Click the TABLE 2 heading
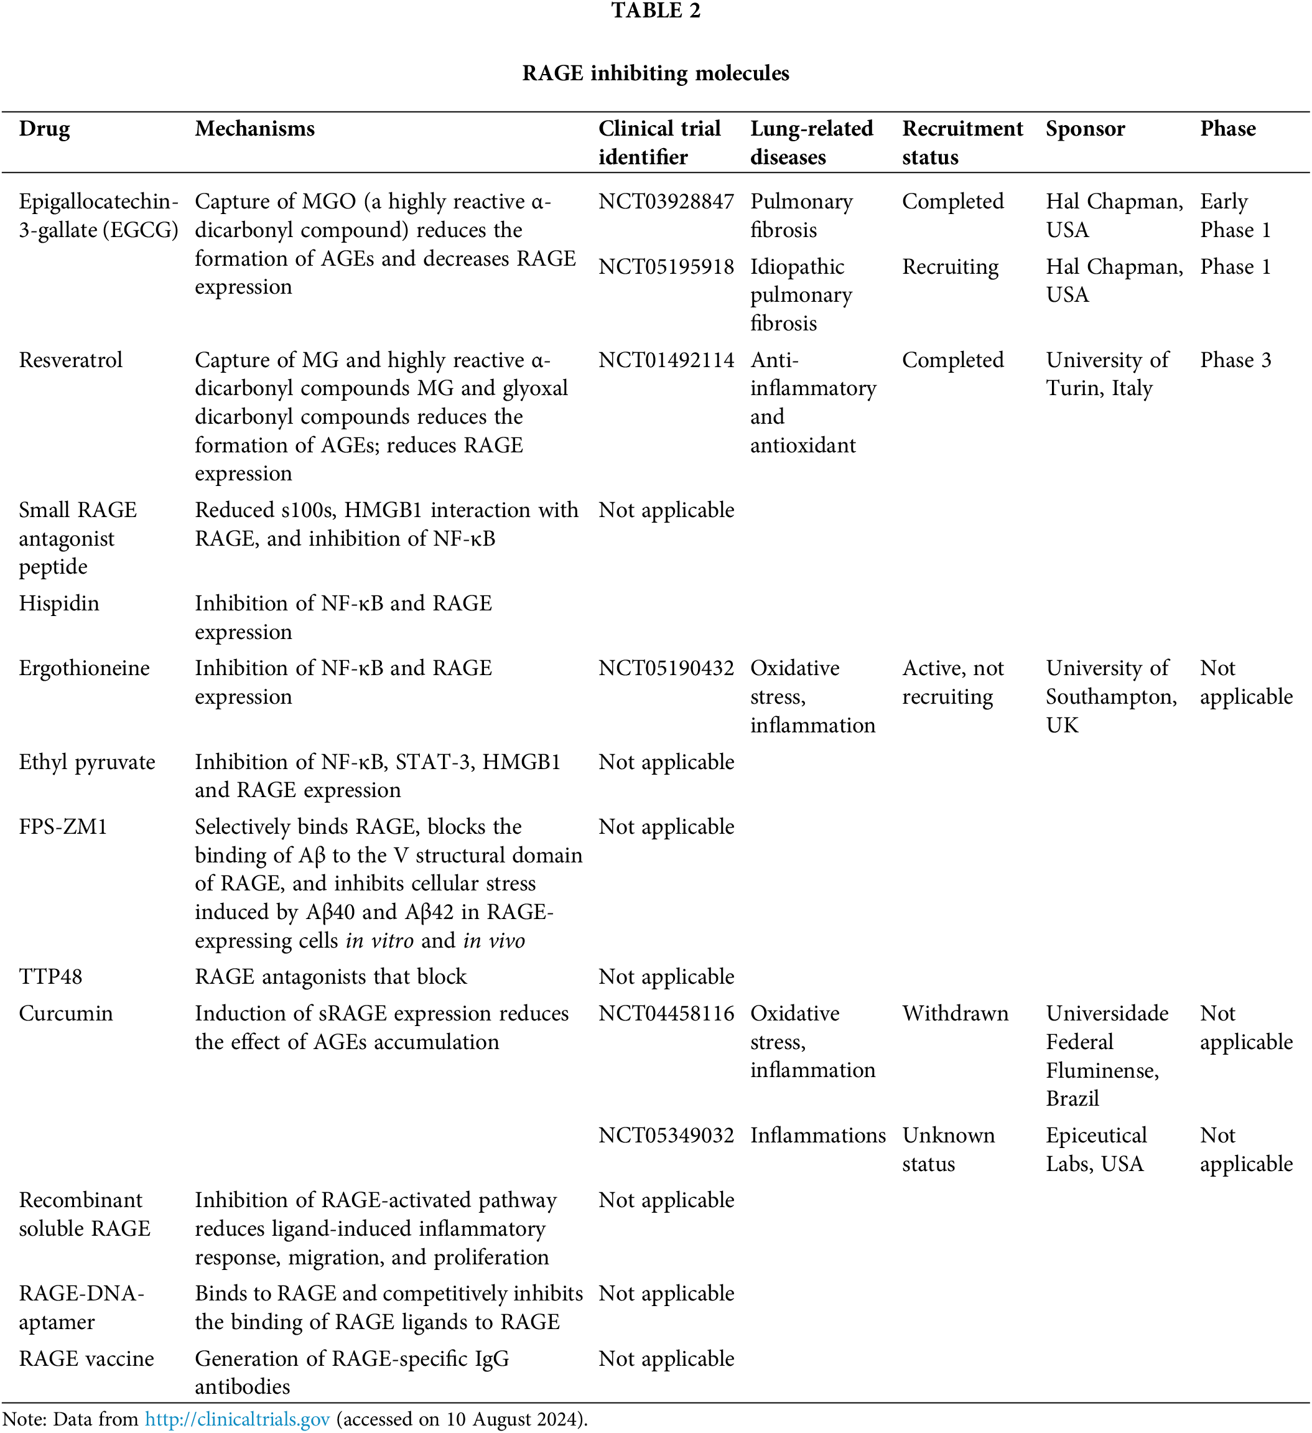(655, 11)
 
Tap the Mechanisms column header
(254, 129)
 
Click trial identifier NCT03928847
(666, 202)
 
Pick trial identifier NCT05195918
(666, 266)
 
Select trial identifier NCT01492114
(666, 360)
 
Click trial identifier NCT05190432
(666, 668)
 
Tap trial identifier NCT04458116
(666, 1013)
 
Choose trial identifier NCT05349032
(666, 1135)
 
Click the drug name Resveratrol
(70, 360)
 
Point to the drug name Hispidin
(59, 604)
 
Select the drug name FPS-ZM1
(63, 827)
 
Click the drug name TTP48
(50, 977)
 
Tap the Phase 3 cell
(1235, 360)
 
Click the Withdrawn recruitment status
(955, 1013)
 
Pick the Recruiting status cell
(950, 266)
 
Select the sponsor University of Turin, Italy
(1107, 375)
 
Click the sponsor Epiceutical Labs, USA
(1096, 1149)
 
